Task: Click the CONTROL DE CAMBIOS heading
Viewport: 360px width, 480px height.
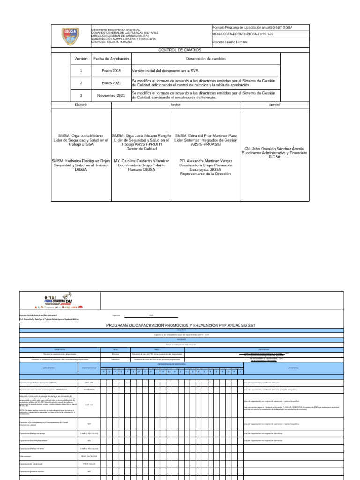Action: [180, 50]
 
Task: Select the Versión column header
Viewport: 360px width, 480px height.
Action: [81, 59]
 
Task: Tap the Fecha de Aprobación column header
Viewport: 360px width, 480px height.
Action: [111, 59]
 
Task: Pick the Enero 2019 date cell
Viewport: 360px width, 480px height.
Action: [111, 71]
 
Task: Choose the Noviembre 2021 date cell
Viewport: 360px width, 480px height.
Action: [111, 95]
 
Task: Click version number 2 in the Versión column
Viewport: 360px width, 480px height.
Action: [81, 83]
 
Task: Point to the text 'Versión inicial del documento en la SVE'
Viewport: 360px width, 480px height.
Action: [165, 71]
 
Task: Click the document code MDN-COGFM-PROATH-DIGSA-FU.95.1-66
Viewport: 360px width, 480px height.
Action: [243, 34]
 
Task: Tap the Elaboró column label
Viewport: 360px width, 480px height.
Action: [81, 105]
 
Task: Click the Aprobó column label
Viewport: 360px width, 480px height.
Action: [274, 105]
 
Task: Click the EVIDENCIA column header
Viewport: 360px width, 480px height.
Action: [293, 368]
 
